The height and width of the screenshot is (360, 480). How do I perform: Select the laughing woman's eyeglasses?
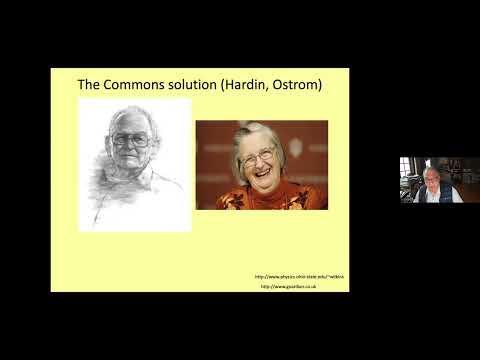pyautogui.click(x=258, y=156)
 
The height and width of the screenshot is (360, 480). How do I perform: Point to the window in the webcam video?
pyautogui.click(x=407, y=168)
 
